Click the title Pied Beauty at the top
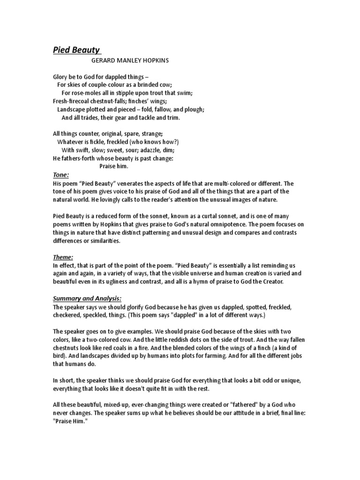[x=76, y=51]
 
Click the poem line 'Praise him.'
[x=113, y=166]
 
